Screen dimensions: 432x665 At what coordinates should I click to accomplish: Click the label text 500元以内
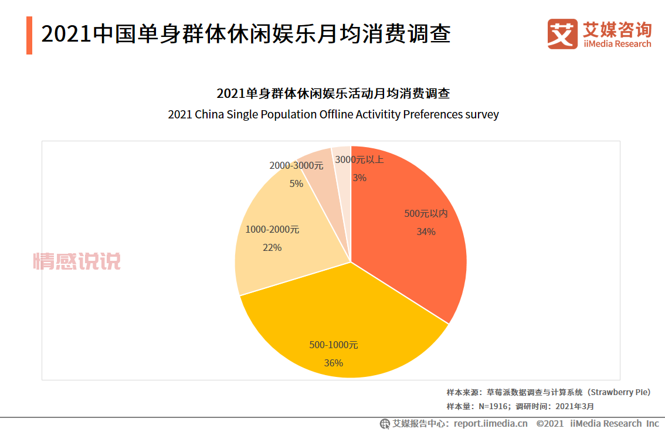[x=426, y=213]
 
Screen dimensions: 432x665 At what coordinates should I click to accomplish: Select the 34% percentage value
[x=426, y=232]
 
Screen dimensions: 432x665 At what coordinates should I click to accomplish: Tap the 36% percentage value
[x=333, y=363]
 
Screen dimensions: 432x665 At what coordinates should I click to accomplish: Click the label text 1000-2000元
[x=272, y=229]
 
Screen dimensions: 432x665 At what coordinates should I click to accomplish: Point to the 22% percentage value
[x=272, y=247]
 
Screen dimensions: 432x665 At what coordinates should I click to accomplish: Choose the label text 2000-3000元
[x=296, y=166]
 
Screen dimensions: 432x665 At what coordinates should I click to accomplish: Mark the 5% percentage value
[x=296, y=183]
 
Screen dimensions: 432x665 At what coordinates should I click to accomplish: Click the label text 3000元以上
[x=359, y=159]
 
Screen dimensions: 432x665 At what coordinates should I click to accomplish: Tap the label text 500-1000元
[x=333, y=345]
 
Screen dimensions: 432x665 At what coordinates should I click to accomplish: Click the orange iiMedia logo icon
[x=562, y=34]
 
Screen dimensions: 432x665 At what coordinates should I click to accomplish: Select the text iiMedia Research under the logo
[x=617, y=44]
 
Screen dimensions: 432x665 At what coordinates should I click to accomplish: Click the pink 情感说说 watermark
[x=77, y=261]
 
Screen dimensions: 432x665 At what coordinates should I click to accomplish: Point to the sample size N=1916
[x=493, y=406]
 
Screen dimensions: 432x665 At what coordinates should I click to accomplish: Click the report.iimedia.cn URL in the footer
[x=490, y=423]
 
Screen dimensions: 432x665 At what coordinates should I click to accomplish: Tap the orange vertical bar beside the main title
[x=29, y=35]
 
